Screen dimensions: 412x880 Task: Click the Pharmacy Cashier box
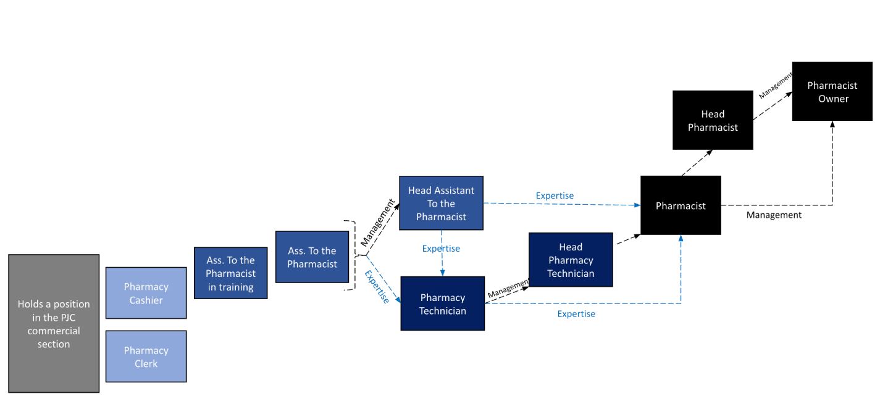coord(146,293)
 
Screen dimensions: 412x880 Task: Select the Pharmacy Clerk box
coord(146,356)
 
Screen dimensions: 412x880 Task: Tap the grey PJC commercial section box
coord(54,323)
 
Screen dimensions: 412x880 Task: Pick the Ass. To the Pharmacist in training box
coord(230,273)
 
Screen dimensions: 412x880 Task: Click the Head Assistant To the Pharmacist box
coord(440,204)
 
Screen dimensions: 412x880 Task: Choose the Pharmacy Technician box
coord(442,304)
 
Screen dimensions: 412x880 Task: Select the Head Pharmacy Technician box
coord(571,260)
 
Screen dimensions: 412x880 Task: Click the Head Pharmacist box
coord(713,120)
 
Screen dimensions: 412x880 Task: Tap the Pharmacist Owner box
coord(833,92)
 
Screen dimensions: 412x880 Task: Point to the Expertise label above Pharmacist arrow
coord(555,196)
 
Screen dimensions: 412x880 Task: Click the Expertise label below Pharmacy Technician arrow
coord(576,314)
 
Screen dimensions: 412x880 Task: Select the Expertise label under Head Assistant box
coord(441,249)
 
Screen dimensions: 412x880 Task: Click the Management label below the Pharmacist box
coord(774,215)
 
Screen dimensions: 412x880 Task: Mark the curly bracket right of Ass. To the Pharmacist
coord(354,255)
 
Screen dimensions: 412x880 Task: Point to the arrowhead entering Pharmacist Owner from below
coord(832,125)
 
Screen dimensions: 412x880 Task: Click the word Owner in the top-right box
coord(833,99)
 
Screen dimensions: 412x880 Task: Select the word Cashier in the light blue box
coord(146,300)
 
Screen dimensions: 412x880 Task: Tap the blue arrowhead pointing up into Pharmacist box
coord(681,239)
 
